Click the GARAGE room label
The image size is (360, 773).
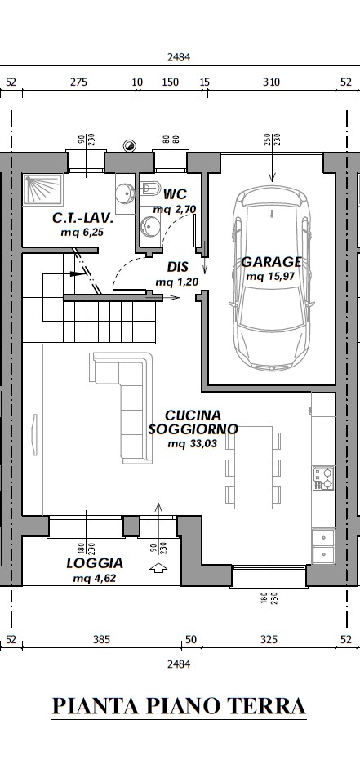click(271, 262)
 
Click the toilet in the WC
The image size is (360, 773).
click(151, 188)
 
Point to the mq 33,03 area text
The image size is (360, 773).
click(193, 444)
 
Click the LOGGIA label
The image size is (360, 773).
click(95, 563)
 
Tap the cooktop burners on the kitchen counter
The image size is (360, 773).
click(323, 478)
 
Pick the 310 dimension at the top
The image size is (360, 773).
click(271, 82)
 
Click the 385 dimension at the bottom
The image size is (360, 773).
click(101, 640)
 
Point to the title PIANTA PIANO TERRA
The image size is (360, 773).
click(179, 706)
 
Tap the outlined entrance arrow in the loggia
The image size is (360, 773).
click(158, 568)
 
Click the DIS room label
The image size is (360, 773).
click(177, 267)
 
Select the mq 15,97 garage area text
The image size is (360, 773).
click(270, 277)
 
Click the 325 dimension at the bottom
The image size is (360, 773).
click(269, 640)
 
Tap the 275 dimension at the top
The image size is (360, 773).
click(78, 82)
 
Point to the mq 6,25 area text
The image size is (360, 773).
click(82, 233)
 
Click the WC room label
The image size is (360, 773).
click(175, 193)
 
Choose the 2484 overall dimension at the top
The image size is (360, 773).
click(179, 57)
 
